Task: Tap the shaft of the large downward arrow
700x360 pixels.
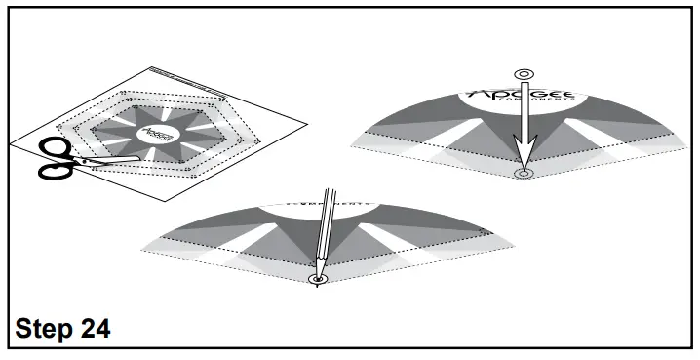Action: click(524, 112)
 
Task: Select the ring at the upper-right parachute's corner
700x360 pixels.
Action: click(524, 175)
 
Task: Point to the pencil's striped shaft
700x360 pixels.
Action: click(324, 229)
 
